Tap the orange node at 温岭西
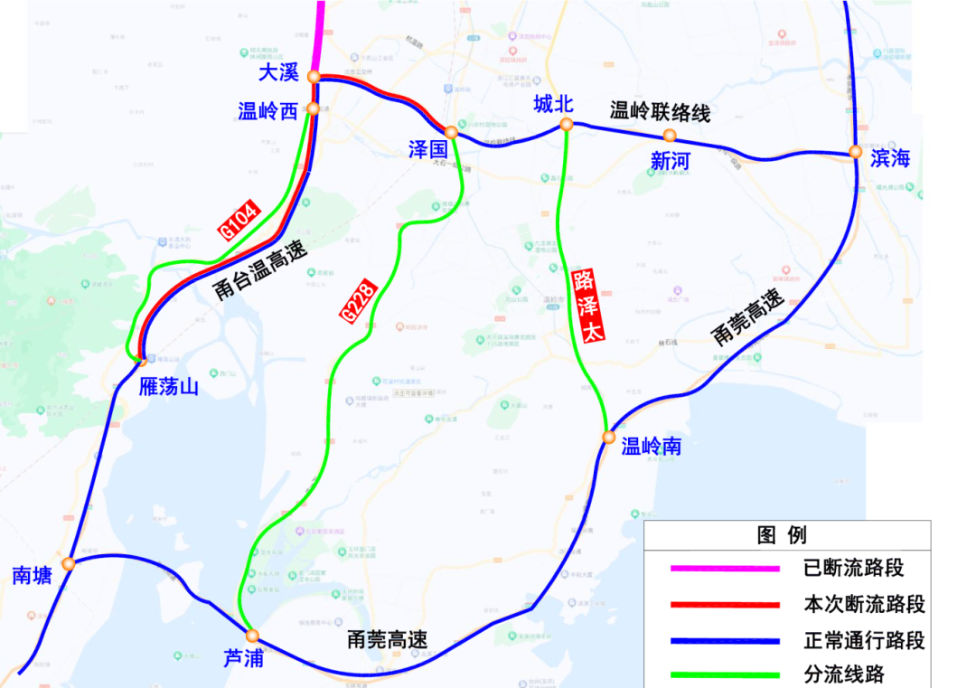[314, 108]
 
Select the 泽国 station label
[428, 149]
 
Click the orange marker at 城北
[566, 125]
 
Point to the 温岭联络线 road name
[661, 112]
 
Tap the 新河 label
[670, 160]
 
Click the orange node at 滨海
[855, 152]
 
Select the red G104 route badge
[240, 220]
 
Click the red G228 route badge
[356, 300]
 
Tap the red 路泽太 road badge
[587, 304]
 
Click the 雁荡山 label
[169, 387]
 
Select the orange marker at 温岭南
[609, 438]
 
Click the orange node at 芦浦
[253, 636]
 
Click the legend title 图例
[782, 535]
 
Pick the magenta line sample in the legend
[725, 569]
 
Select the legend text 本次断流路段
[864, 604]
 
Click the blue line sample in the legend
[725, 641]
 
